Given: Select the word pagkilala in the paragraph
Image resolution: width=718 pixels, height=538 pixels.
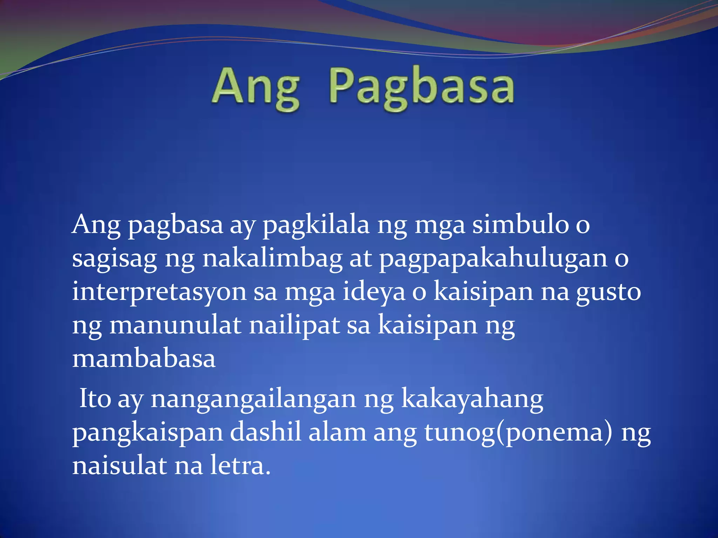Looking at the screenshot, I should tap(316, 225).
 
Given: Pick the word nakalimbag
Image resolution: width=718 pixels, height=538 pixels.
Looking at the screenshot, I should tap(272, 258).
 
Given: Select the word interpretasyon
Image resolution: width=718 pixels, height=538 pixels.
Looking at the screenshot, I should tap(159, 293).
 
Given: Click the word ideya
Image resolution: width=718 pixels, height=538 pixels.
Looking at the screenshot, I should tap(374, 292).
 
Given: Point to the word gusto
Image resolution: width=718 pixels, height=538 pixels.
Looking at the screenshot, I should tap(609, 292).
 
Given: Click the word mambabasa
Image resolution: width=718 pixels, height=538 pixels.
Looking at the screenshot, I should tap(144, 359).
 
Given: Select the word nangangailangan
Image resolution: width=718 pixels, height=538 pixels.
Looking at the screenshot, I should tap(253, 399).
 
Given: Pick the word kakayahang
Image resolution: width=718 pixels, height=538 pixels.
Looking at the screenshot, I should tap(472, 399).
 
